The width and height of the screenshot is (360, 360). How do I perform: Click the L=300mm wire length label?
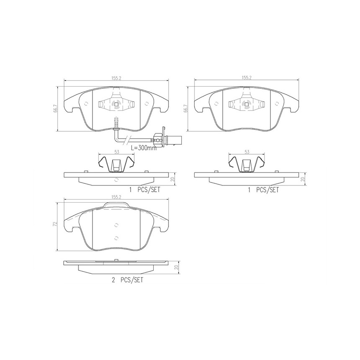pyautogui.click(x=144, y=148)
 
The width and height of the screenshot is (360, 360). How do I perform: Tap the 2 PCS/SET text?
pyautogui.click(x=127, y=280)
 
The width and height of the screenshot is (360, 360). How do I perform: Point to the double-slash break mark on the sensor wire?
pyautogui.click(x=126, y=139)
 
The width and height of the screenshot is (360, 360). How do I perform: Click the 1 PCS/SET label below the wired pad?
pyautogui.click(x=145, y=190)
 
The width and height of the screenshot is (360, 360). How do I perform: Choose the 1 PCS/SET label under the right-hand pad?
pyautogui.click(x=263, y=190)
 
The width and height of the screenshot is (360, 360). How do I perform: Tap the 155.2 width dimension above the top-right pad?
pyautogui.click(x=247, y=78)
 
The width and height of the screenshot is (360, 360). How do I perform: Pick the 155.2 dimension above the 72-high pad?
pyautogui.click(x=116, y=197)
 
